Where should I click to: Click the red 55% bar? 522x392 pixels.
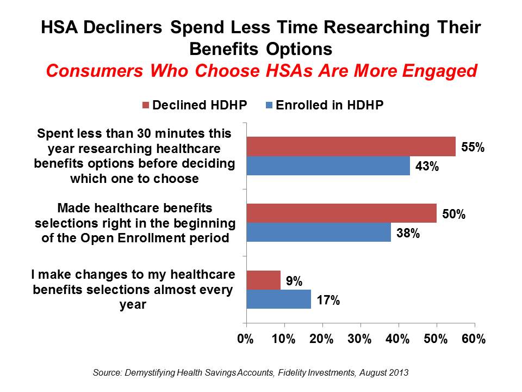[351, 146]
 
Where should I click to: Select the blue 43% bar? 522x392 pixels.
[328, 166]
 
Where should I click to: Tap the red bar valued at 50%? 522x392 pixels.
[341, 212]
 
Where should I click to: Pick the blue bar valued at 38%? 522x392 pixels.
[318, 232]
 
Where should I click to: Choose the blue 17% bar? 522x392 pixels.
[278, 299]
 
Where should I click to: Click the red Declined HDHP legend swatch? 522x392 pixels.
[146, 106]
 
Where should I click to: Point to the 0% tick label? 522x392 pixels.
[246, 339]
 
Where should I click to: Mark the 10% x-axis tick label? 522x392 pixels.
[284, 339]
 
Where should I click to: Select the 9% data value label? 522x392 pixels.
[294, 280]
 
